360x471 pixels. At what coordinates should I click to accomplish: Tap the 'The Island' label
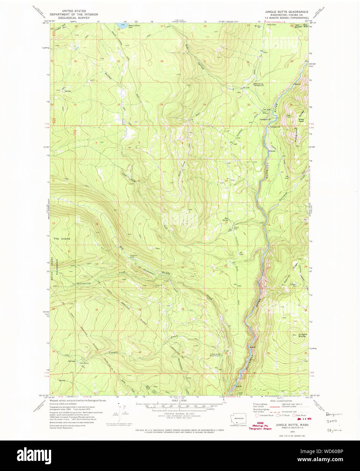pos(62,239)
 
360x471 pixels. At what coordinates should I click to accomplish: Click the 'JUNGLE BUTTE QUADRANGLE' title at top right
pos(287,12)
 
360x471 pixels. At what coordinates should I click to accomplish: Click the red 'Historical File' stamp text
pos(260,425)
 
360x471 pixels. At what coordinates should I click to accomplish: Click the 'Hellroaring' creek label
pos(83,283)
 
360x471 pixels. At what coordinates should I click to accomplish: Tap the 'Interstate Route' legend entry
pos(266,415)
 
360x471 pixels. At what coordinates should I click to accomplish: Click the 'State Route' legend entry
pos(301,415)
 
